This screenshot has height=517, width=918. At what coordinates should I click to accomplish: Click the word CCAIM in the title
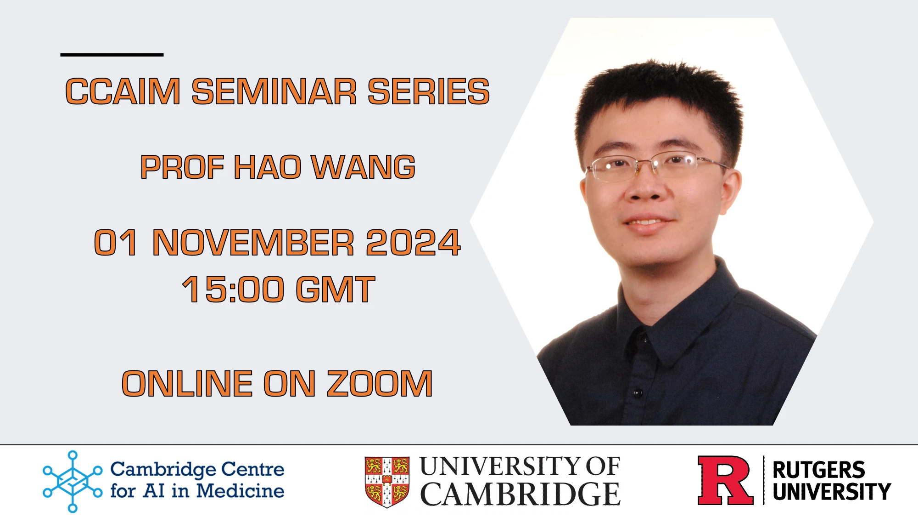pos(123,91)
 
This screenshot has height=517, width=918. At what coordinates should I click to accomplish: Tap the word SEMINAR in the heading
pos(274,91)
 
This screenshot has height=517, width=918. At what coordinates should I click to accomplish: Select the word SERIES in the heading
pos(429,91)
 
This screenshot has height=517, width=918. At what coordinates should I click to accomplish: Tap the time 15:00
pos(233,289)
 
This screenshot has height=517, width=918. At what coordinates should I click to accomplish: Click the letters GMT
pos(336,289)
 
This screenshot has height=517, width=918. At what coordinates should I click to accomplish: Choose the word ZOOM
pos(380,383)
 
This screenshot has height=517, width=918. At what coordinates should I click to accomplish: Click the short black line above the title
pos(112,55)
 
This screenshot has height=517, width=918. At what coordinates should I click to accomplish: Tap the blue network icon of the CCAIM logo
pos(73,481)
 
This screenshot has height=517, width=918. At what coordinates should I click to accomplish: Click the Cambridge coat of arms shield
pos(387,482)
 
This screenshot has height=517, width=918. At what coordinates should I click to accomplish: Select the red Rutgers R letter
pos(725,480)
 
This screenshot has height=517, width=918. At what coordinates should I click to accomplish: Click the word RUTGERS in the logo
pos(819,470)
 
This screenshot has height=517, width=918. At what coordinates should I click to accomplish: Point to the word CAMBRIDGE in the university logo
pos(520,494)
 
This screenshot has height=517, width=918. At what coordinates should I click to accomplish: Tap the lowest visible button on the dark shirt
pos(637,393)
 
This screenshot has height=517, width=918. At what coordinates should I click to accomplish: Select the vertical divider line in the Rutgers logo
pos(763,480)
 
